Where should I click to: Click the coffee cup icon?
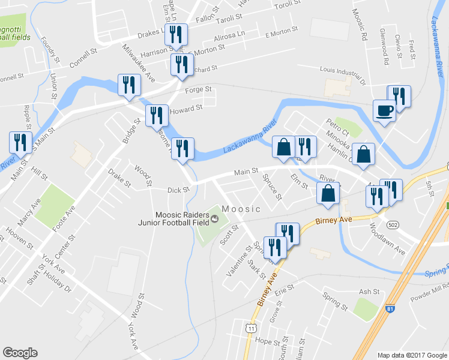[x=384, y=110]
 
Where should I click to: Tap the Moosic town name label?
[x=241, y=209]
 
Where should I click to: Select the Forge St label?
[x=199, y=90]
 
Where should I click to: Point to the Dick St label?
[x=178, y=190]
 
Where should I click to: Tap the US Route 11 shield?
[x=251, y=328]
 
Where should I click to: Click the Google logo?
[x=20, y=353]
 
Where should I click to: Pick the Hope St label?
[x=264, y=340]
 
